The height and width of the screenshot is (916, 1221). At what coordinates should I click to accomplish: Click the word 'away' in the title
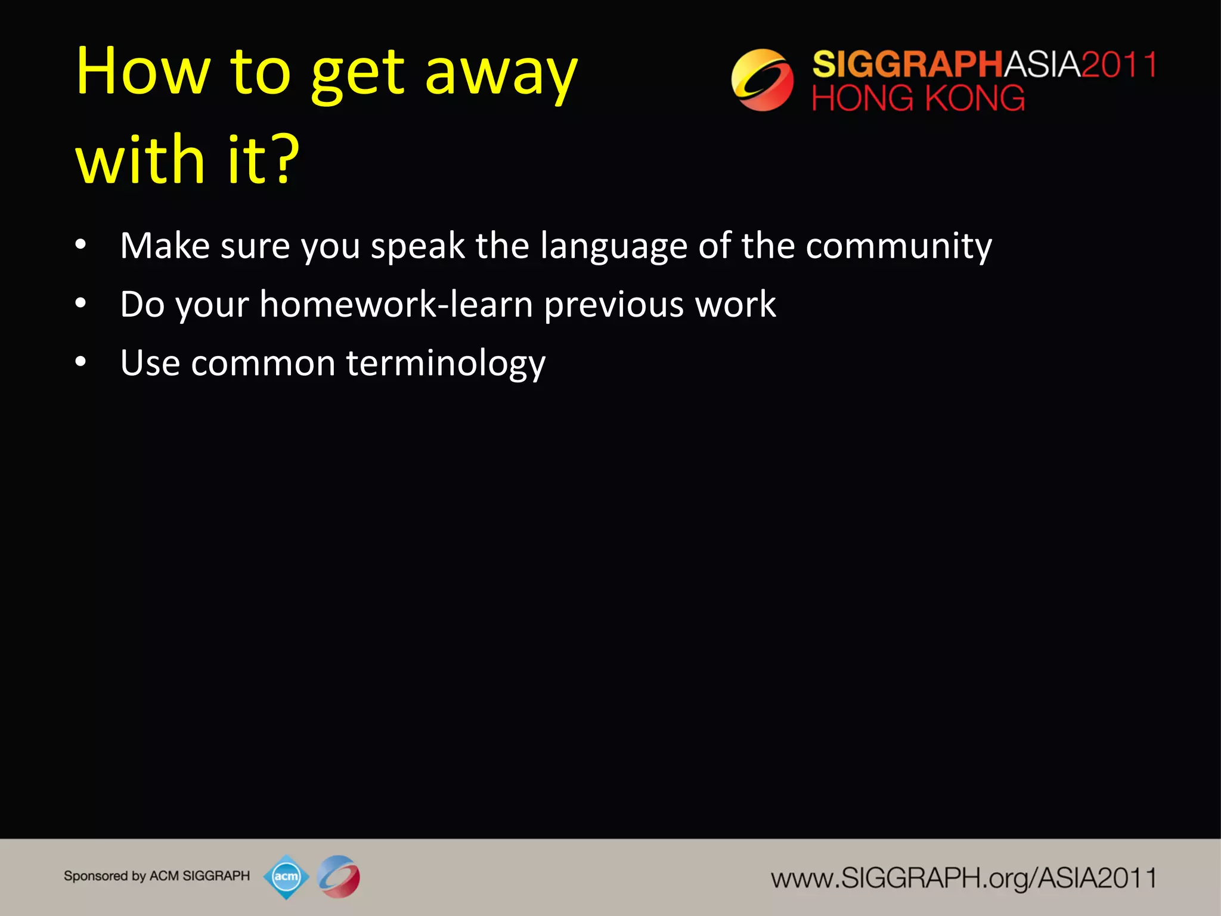[x=501, y=75]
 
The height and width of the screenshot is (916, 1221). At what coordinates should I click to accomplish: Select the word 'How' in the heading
[x=143, y=72]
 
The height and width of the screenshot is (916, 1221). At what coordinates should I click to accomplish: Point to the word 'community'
[x=898, y=246]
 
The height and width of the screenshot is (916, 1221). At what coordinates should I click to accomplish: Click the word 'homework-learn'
[x=396, y=305]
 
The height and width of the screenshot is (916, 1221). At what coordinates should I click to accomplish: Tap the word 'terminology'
[x=445, y=364]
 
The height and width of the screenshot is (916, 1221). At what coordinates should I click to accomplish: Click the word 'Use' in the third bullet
[x=150, y=363]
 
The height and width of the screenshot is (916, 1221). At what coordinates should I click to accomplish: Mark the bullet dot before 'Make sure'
[x=81, y=245]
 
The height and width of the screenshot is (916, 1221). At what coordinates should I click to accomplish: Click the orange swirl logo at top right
[x=762, y=80]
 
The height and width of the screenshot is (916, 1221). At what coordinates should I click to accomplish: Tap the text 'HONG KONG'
[x=918, y=98]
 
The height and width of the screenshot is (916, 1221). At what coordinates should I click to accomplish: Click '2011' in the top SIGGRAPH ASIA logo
[x=1119, y=64]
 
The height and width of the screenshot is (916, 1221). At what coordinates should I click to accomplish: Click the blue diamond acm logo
[x=286, y=876]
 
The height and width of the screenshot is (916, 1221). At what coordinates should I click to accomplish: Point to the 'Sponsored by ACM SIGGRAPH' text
[x=157, y=876]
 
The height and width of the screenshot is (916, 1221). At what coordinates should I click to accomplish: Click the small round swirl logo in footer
[x=339, y=876]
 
